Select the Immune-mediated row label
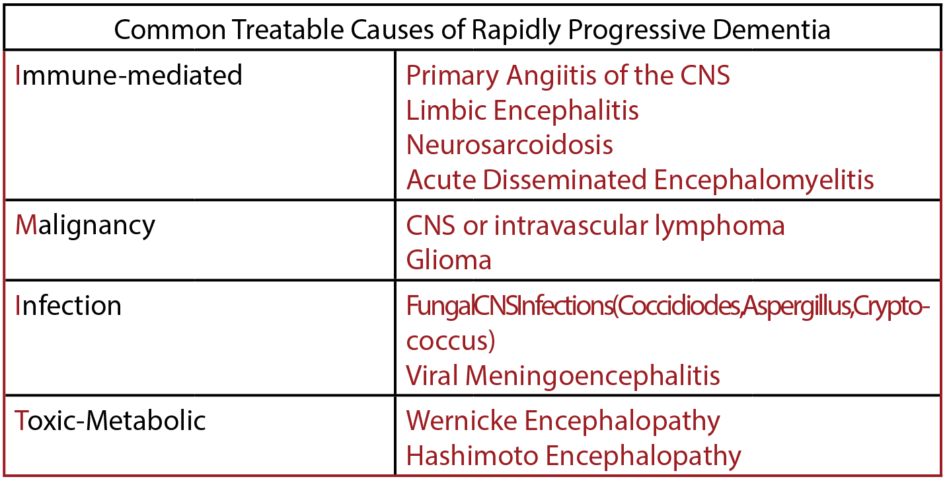pyautogui.click(x=129, y=75)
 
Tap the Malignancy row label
pyautogui.click(x=85, y=226)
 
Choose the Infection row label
pyautogui.click(x=68, y=306)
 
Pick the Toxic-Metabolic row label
pyautogui.click(x=110, y=420)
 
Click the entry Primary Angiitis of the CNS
pyautogui.click(x=568, y=75)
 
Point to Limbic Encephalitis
pyautogui.click(x=522, y=110)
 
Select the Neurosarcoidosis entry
pyautogui.click(x=510, y=144)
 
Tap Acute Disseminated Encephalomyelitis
pyautogui.click(x=640, y=179)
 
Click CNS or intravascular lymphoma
pyautogui.click(x=595, y=226)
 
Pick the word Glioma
pyautogui.click(x=449, y=260)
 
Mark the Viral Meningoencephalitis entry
pyautogui.click(x=562, y=375)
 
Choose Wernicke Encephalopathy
pyautogui.click(x=562, y=420)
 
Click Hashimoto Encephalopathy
pyautogui.click(x=573, y=455)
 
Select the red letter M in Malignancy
pyautogui.click(x=25, y=226)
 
